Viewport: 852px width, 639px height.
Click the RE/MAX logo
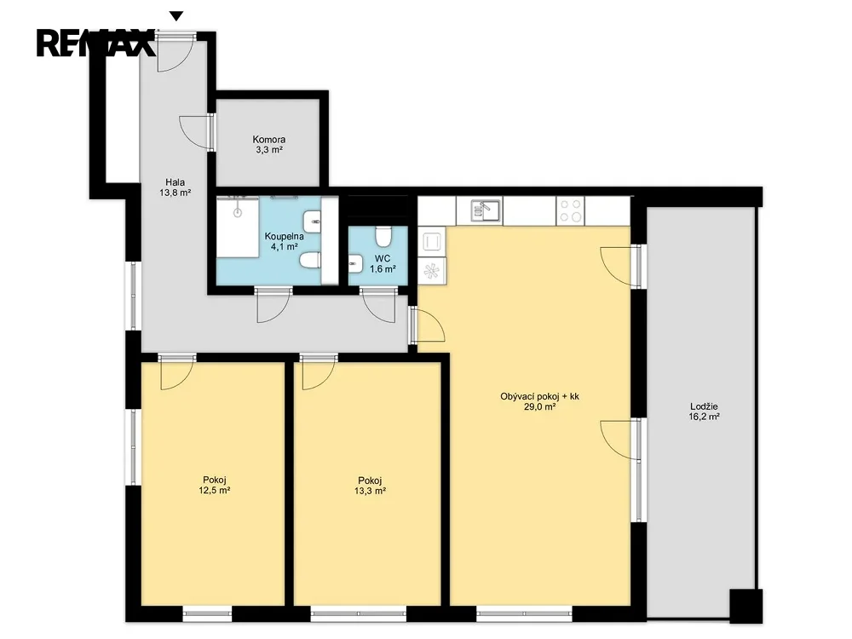[x=95, y=43]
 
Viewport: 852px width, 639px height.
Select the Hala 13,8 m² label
[x=175, y=187]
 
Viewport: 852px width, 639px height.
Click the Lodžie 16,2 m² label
[x=705, y=412]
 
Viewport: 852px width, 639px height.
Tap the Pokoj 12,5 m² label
[x=215, y=485]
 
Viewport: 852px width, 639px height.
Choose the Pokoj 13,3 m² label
[x=370, y=486]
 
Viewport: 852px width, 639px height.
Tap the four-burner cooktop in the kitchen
[x=571, y=210]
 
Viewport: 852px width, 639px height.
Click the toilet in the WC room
[x=383, y=236]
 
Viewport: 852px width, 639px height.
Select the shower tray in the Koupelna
[x=238, y=227]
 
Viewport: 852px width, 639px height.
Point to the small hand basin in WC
[x=355, y=265]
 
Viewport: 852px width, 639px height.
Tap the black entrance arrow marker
[x=176, y=16]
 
